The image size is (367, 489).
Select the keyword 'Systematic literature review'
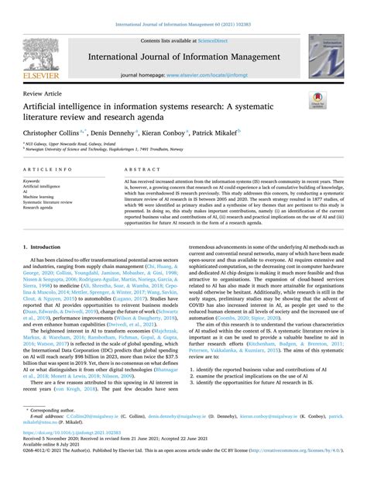click(x=56, y=202)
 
